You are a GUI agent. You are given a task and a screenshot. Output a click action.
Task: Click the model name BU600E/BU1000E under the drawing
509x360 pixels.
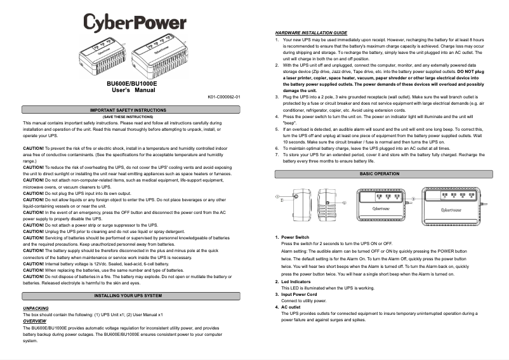point(132,83)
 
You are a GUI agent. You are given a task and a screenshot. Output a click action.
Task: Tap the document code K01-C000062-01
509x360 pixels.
point(224,97)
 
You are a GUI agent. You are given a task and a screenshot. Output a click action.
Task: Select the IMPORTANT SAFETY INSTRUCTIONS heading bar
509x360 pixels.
point(132,110)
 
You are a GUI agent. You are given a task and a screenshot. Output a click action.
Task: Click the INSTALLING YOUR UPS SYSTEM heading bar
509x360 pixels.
point(132,297)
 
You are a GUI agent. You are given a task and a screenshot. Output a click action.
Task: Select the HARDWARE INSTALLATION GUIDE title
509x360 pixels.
point(311,32)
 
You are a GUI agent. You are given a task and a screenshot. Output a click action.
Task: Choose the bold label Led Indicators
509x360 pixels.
point(296,281)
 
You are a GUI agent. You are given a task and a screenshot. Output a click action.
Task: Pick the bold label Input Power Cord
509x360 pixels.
point(299,295)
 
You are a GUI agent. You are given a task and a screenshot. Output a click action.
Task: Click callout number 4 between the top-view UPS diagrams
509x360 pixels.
point(413,199)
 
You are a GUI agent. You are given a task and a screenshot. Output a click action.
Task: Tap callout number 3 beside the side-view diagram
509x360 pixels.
point(345,203)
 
